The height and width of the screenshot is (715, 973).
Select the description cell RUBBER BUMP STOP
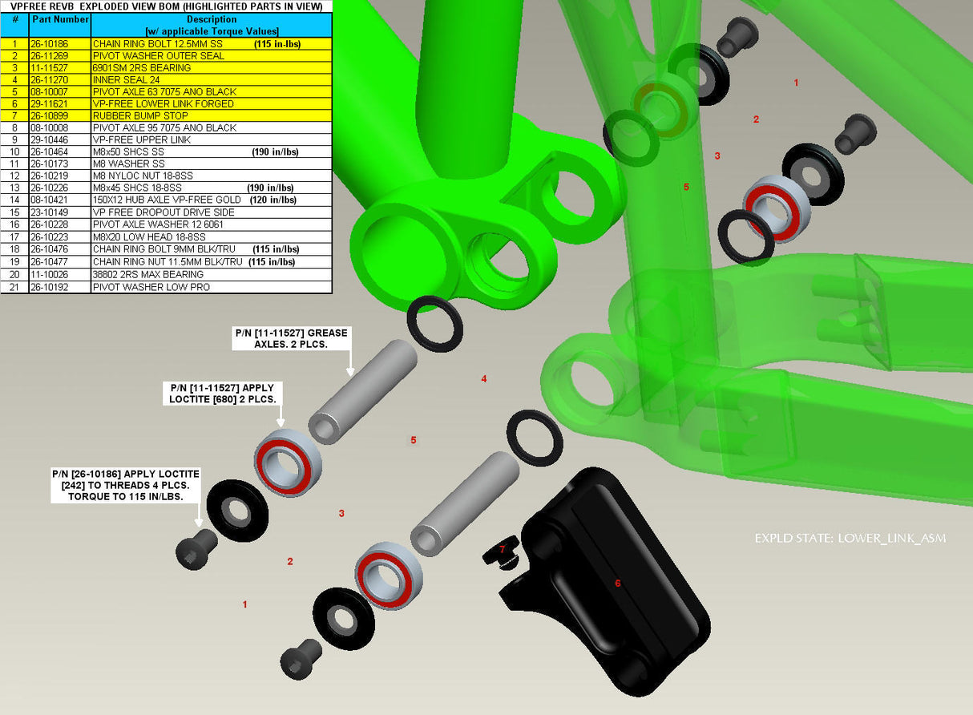[x=211, y=116]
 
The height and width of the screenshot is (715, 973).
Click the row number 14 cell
[x=14, y=200]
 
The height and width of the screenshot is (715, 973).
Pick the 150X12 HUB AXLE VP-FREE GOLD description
[x=167, y=200]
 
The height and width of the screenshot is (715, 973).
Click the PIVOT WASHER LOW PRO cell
[x=211, y=287]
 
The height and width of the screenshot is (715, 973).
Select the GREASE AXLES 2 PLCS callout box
[x=291, y=338]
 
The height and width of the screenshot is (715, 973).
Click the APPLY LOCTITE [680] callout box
[x=222, y=394]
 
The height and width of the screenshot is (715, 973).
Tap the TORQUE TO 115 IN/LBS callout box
[x=126, y=485]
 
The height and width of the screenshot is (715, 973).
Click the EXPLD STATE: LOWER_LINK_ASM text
[x=850, y=539]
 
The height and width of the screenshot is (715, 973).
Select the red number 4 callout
[x=484, y=379]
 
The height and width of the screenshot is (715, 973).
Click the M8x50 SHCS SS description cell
[x=211, y=152]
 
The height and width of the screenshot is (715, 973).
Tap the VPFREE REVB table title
[x=167, y=6]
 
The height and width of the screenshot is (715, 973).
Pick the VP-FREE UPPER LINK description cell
[x=211, y=139]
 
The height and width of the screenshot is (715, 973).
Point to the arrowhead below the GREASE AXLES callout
[x=350, y=372]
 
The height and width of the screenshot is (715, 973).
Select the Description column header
[x=212, y=25]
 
